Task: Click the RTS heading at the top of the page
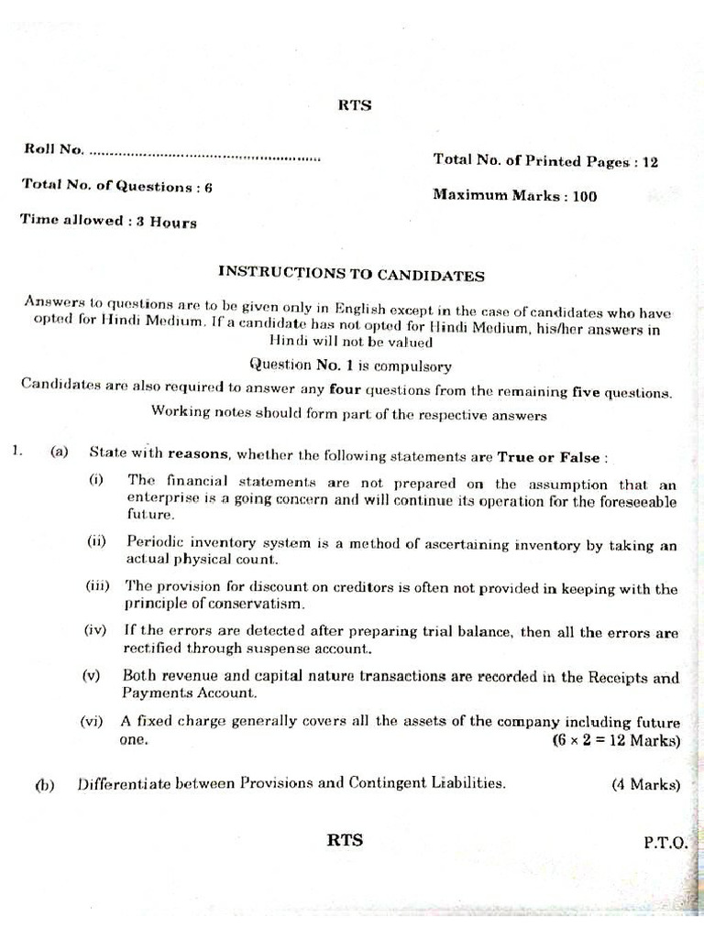click(x=356, y=104)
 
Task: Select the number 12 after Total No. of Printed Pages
click(x=650, y=162)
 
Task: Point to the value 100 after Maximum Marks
click(x=584, y=195)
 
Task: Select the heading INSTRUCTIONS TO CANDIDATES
click(x=351, y=274)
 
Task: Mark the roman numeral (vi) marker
click(x=92, y=722)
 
